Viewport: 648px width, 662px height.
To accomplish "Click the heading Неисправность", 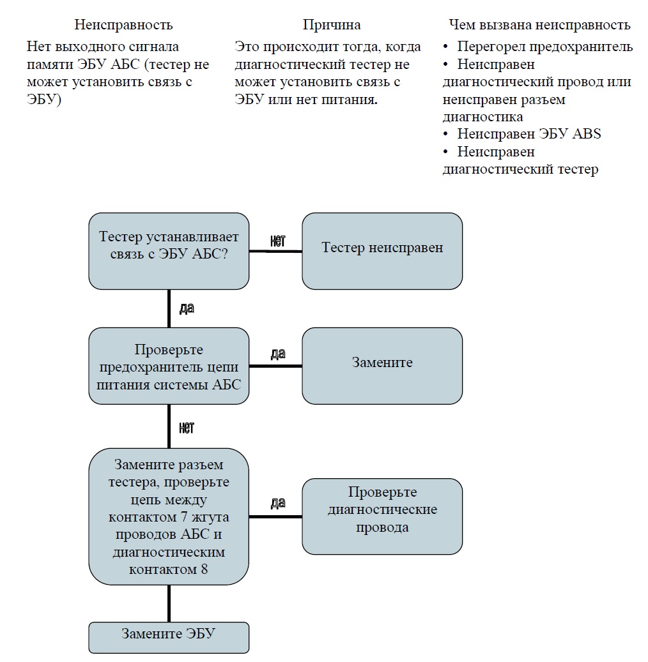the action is coord(123,25).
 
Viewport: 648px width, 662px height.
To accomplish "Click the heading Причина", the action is coord(332,25).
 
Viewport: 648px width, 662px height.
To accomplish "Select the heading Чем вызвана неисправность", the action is coord(539,25).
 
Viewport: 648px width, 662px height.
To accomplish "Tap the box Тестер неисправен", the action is coord(382,252).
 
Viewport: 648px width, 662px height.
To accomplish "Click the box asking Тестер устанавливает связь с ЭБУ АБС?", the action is coord(169,252).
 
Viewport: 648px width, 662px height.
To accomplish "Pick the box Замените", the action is coord(382,366).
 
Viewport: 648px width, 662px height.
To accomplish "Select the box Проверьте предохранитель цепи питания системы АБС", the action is coord(169,366).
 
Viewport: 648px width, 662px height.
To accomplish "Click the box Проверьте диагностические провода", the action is coord(382,516).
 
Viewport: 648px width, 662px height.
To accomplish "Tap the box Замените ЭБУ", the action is coord(169,638).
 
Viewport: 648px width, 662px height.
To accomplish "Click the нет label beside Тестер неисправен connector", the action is coord(278,241).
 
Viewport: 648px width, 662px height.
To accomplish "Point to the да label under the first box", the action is coord(187,308).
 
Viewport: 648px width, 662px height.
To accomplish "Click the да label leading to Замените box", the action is coord(278,354).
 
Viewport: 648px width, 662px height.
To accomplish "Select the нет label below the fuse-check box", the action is coord(187,428).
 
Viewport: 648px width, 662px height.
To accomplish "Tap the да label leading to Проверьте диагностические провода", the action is coord(278,503).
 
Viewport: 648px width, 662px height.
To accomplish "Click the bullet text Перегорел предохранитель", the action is coord(545,47).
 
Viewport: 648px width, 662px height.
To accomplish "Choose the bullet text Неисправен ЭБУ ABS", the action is coord(528,134).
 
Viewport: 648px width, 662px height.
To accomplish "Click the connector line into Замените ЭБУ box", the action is coord(169,603).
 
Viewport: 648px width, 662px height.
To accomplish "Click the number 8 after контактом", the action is coord(204,569).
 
